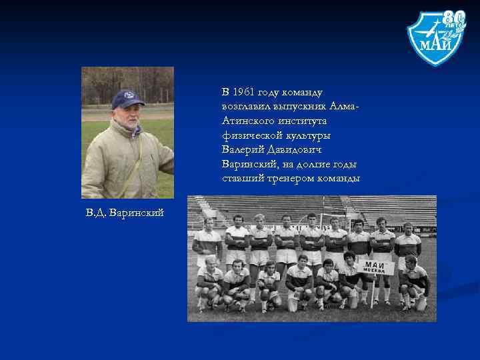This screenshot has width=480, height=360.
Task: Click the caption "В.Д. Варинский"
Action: point(124,212)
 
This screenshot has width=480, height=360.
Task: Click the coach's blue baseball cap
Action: point(127,99)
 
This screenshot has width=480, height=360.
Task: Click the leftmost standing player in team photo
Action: point(208,243)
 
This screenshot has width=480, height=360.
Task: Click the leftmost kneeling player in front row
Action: point(211,283)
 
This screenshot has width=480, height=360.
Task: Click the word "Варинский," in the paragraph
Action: point(250,164)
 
